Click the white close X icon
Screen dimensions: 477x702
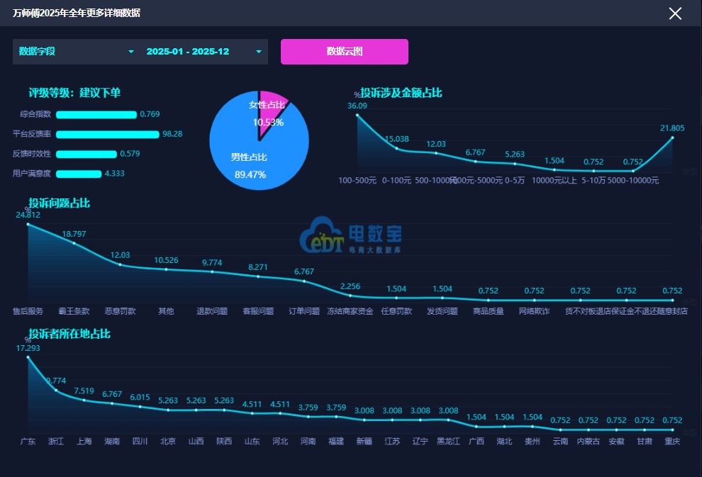coord(675,13)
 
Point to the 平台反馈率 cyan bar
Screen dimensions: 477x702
coord(107,134)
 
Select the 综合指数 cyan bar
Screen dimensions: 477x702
coord(96,114)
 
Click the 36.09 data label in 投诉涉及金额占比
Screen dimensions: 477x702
coord(357,106)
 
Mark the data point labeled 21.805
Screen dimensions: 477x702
coord(672,138)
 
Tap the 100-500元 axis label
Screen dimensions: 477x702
coord(357,181)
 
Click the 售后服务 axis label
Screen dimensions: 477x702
coord(28,311)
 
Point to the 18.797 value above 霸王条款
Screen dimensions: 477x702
coord(74,234)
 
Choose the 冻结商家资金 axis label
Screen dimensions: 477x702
coord(350,311)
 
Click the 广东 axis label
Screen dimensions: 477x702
coord(28,442)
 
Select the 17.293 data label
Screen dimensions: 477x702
coord(28,348)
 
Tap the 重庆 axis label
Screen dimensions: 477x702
coord(672,442)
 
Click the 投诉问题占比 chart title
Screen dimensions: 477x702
coord(60,203)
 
